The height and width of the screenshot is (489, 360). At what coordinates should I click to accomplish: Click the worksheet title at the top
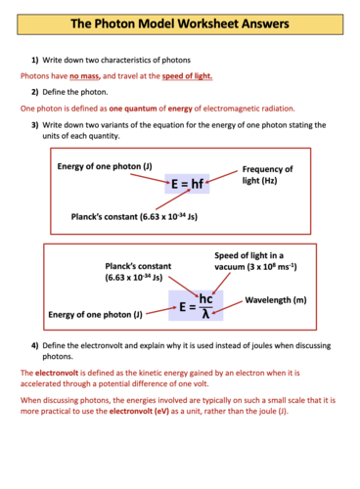point(180,22)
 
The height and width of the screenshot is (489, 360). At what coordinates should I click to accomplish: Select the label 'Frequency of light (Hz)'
point(267,175)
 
